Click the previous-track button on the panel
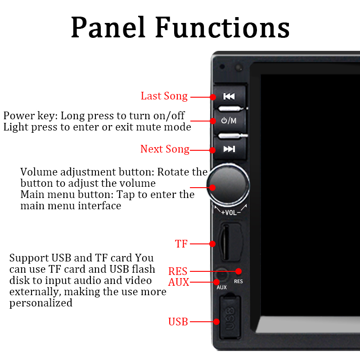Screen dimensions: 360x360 [x=229, y=96]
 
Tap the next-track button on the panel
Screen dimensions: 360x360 [x=229, y=149]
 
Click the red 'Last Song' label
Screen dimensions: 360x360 [x=164, y=96]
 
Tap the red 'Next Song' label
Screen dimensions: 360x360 [x=165, y=149]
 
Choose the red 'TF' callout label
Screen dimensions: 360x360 [x=181, y=244]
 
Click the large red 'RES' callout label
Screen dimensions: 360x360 [x=178, y=271]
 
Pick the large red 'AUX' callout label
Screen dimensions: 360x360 [x=179, y=283]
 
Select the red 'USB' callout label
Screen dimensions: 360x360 [x=178, y=322]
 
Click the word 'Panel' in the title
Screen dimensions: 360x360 [x=108, y=28]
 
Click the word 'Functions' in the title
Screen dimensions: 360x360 [x=222, y=28]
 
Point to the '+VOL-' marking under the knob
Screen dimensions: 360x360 [x=230, y=212]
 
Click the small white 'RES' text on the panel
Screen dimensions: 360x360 [x=238, y=282]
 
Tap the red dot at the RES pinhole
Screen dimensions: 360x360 [x=238, y=271]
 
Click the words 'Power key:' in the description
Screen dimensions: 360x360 [x=30, y=116]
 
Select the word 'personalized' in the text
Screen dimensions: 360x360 [x=41, y=303]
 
